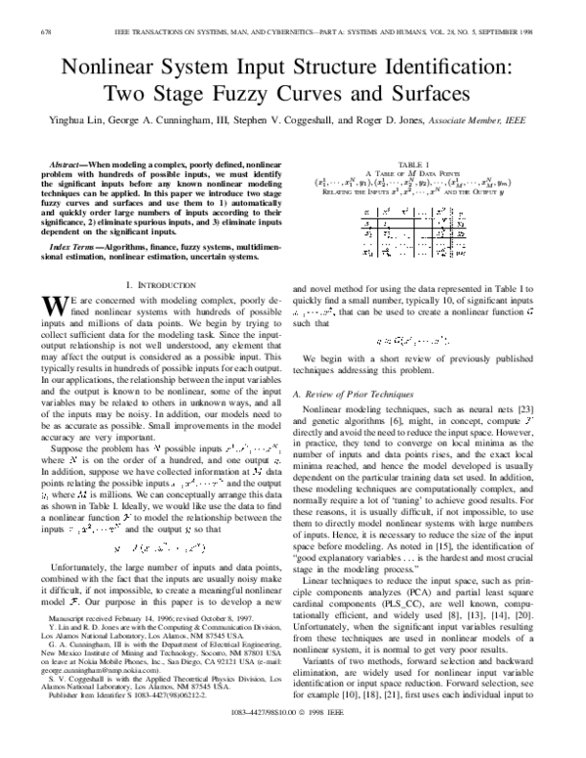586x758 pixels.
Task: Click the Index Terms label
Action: tap(71, 250)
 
